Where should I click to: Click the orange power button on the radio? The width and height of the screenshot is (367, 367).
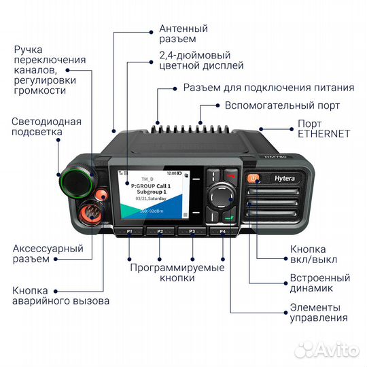point(254,179)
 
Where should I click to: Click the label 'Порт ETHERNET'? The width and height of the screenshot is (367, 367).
point(324,128)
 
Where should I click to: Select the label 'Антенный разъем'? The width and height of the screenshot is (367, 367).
point(183,35)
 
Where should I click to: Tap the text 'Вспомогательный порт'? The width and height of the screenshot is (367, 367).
point(282,105)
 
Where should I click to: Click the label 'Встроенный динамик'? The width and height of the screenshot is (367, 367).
point(320,283)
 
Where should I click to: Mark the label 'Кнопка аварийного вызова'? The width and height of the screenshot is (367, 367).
point(60,296)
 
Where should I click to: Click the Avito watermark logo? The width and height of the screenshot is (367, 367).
point(328,349)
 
